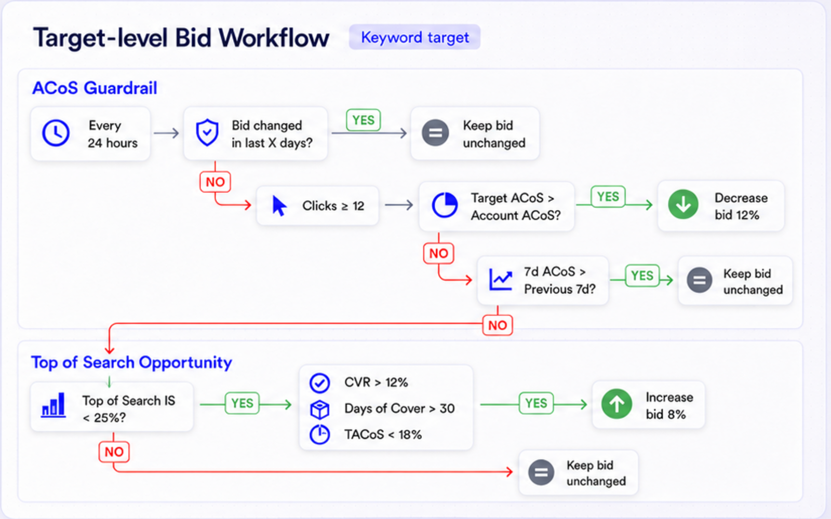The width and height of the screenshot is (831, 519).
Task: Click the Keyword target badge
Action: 414,37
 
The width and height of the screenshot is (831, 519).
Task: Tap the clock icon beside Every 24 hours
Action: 56,133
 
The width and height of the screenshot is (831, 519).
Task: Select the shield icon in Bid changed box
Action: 207,132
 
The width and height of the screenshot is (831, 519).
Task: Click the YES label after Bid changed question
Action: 363,120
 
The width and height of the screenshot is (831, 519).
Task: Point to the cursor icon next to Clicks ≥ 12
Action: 279,206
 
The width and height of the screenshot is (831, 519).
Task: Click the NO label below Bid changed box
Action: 215,182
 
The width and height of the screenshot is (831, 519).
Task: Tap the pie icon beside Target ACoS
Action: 445,205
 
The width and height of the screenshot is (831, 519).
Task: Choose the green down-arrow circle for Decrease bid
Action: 683,204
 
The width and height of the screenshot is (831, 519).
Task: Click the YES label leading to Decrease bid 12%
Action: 608,197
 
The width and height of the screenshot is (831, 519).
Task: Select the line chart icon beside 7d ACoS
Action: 501,280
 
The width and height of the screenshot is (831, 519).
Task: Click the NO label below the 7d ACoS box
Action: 498,325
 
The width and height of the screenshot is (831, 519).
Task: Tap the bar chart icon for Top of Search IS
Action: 53,405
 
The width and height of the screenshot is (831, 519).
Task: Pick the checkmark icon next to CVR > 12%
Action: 319,383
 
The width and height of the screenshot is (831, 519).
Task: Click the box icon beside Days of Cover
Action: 319,409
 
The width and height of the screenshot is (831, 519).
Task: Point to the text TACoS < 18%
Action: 383,434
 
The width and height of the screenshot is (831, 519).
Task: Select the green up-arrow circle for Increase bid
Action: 616,404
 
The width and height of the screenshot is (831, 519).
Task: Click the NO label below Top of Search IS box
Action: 114,452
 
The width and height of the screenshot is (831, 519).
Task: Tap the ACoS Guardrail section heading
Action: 95,88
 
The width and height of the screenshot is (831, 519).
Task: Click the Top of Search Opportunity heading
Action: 131,362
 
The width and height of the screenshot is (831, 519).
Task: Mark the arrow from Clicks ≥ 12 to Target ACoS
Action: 399,205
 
